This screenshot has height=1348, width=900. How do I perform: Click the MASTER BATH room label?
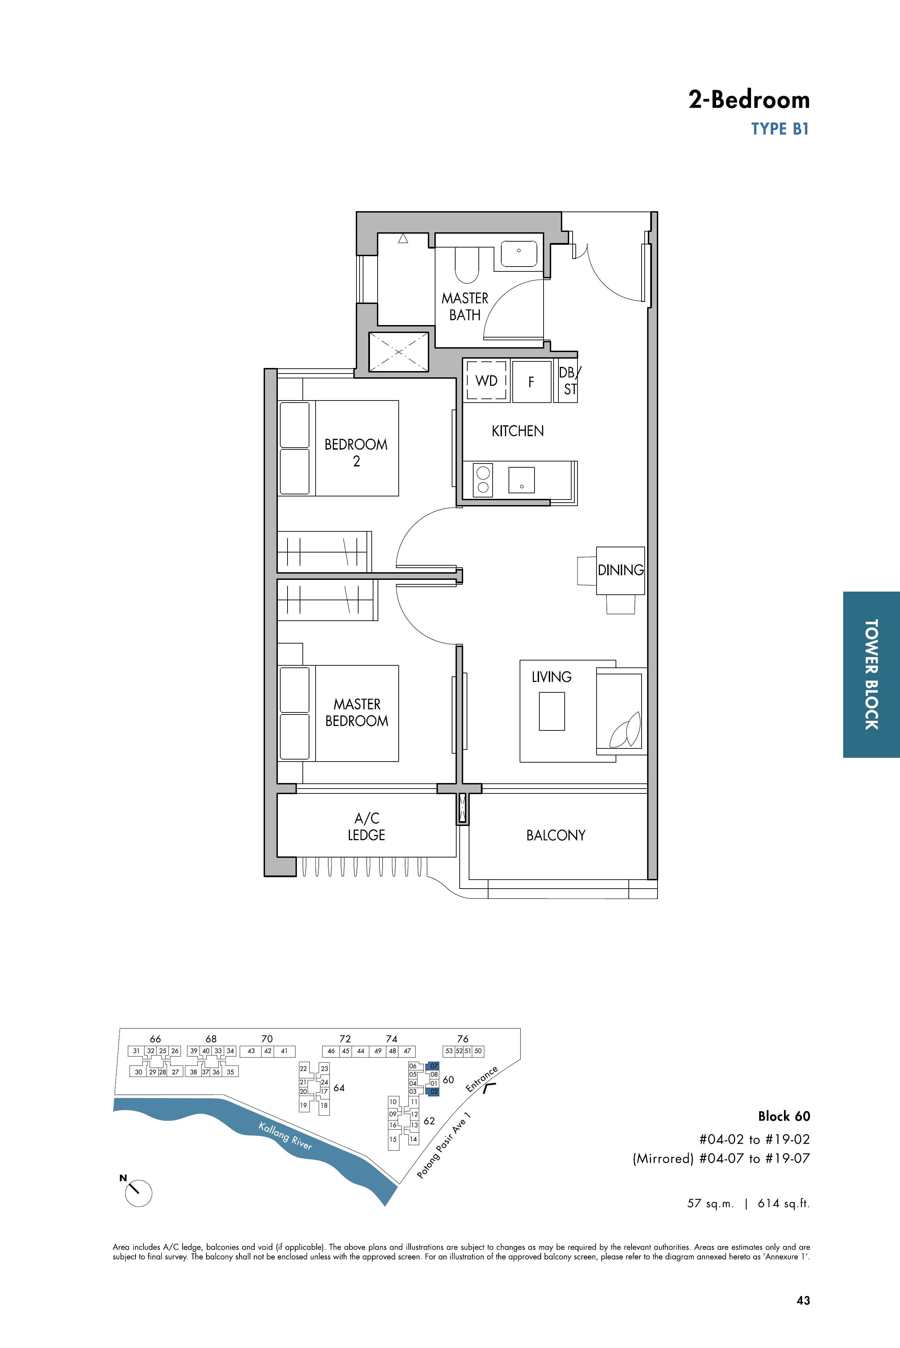click(x=465, y=306)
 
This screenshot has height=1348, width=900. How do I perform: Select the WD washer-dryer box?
click(x=486, y=380)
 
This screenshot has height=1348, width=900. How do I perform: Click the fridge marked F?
click(x=531, y=381)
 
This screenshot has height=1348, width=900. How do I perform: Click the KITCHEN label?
click(x=517, y=431)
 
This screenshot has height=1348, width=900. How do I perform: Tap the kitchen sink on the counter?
click(x=521, y=480)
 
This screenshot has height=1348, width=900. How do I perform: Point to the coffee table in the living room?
click(x=552, y=711)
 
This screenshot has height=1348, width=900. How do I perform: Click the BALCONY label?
click(x=556, y=835)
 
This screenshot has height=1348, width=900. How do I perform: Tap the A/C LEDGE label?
click(x=366, y=827)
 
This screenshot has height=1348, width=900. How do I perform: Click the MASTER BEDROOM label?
click(x=356, y=712)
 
